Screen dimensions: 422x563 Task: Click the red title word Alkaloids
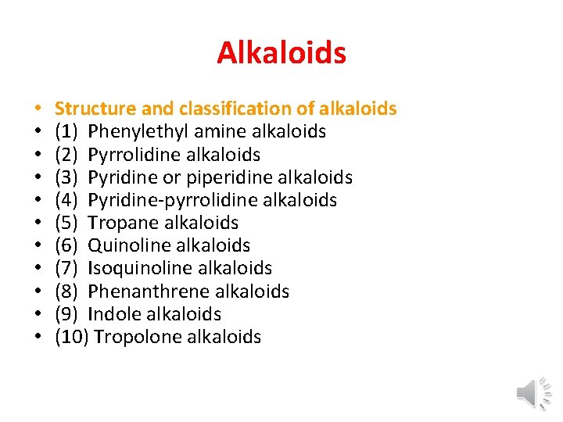(x=281, y=53)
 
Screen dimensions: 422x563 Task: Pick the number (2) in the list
(x=67, y=154)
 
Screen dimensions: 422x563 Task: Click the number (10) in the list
(x=71, y=337)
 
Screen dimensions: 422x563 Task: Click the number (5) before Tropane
(x=67, y=223)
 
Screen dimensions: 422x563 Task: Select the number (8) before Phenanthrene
(x=67, y=291)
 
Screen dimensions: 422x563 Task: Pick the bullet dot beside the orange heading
(x=37, y=109)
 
